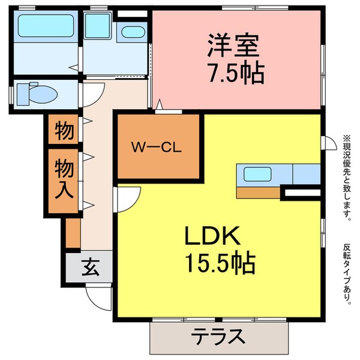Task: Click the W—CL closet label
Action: [x=157, y=146]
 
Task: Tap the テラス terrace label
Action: [x=219, y=337]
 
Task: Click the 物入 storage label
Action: [x=64, y=179]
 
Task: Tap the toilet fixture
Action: [x=35, y=94]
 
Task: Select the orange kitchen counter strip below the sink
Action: [x=259, y=193]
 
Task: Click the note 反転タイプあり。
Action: [x=347, y=273]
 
